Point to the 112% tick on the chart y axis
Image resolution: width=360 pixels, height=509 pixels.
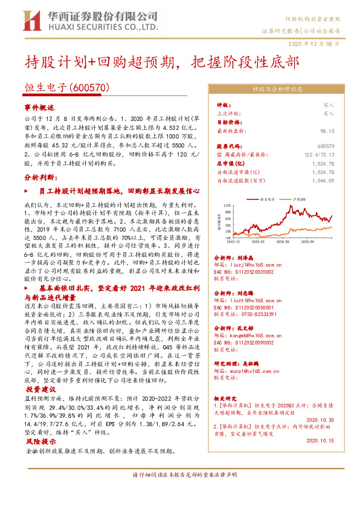[227, 206]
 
